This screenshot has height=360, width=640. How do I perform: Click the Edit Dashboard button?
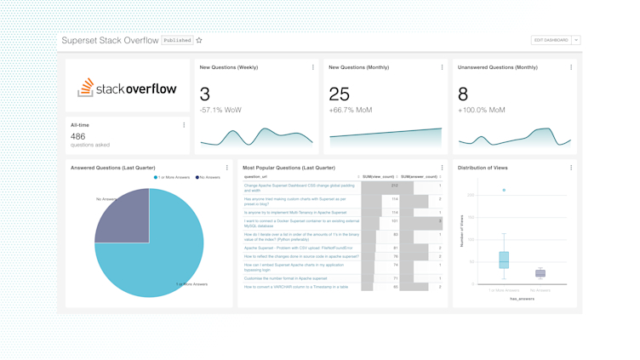(x=551, y=40)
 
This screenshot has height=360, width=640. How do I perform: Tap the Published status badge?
(x=177, y=40)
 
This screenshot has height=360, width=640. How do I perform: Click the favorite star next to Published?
(x=199, y=40)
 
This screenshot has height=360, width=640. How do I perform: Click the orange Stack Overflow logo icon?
(x=85, y=87)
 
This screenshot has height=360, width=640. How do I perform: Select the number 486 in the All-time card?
(x=77, y=136)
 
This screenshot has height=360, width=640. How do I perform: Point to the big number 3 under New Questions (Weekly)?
(x=205, y=94)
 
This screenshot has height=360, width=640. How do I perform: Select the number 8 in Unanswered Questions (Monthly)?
(x=463, y=94)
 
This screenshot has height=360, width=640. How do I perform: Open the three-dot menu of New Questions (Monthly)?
(x=442, y=67)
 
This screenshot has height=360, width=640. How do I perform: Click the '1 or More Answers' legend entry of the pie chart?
(x=172, y=177)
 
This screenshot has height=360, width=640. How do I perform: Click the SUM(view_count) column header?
(x=378, y=177)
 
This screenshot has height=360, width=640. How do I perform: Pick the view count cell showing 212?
(x=394, y=186)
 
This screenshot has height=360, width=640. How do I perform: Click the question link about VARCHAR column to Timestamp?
(x=296, y=287)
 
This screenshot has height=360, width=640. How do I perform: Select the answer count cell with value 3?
(x=440, y=221)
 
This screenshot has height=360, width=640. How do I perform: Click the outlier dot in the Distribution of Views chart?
(x=504, y=191)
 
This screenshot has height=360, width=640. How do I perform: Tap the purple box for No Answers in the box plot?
(x=540, y=273)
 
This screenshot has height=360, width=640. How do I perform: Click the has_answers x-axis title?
(x=522, y=299)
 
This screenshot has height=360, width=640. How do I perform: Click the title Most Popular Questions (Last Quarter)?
(x=289, y=168)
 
